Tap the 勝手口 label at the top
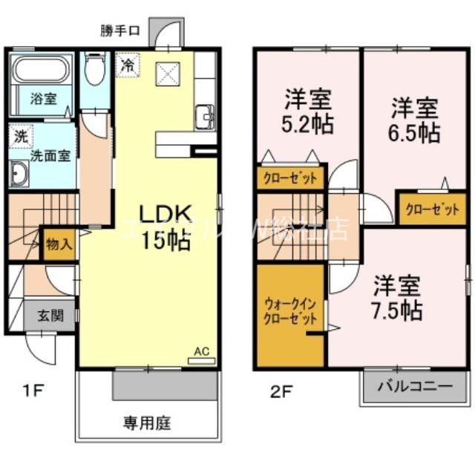tap(120, 30)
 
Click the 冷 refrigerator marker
tap(128, 64)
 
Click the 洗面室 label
tap(50, 156)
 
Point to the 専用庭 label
tap(147, 424)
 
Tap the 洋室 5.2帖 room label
tap(307, 112)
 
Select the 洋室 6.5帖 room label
tap(416, 121)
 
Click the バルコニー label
tap(414, 386)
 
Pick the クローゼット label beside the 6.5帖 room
tap(432, 209)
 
